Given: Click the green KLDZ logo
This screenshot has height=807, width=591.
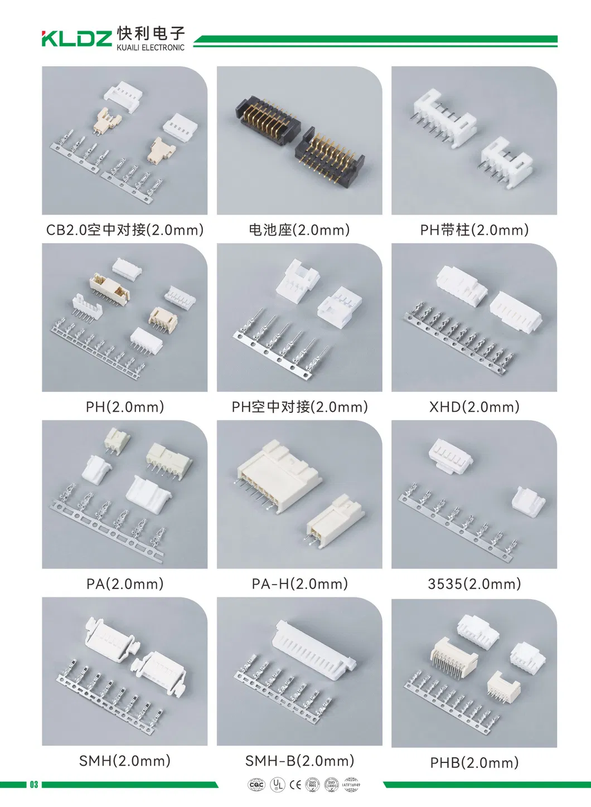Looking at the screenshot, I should tap(77, 38).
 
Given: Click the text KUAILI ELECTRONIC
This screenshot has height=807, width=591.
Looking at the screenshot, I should tap(150, 48).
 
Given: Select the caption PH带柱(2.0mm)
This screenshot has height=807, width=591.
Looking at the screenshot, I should tap(474, 230).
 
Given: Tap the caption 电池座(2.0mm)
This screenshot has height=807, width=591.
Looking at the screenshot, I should tap(299, 230).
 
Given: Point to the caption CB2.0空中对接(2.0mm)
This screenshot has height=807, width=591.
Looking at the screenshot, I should tap(125, 230).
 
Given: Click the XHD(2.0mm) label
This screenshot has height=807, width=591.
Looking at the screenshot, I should tap(474, 407).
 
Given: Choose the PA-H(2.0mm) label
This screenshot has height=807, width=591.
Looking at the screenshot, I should tap(300, 584).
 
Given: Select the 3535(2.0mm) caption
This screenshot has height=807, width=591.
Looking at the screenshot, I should tap(474, 584).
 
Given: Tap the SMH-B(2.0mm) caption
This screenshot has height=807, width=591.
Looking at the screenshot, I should tap(300, 761).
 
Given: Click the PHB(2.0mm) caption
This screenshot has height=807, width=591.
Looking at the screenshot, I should tap(474, 762).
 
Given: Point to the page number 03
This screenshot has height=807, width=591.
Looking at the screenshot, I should tap(34, 785).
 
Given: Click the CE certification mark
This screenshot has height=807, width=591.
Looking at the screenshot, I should tap(295, 785).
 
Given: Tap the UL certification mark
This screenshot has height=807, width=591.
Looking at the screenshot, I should tap(277, 785).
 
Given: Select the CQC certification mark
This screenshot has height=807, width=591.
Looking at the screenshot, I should tap(256, 785).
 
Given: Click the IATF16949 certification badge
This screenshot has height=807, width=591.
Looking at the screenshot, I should tap(351, 785).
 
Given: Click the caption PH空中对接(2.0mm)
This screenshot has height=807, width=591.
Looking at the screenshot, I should tap(300, 407).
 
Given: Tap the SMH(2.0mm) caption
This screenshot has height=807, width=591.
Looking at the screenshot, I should tap(125, 761).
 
